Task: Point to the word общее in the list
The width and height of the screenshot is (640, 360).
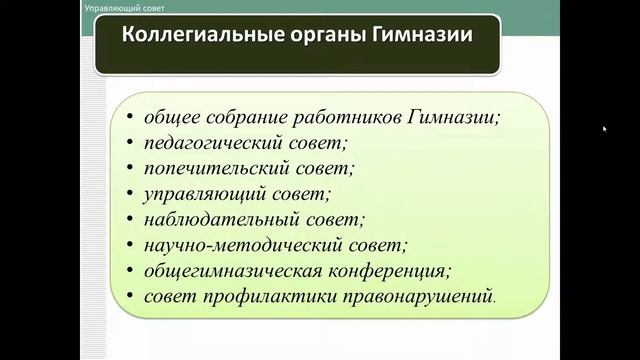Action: [x=172, y=117]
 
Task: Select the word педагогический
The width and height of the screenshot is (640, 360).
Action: [x=213, y=143]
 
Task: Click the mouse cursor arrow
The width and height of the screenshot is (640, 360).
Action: [x=605, y=129]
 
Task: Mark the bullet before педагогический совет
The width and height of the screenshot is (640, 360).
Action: [x=132, y=143]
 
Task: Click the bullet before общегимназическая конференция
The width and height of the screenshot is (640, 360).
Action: [x=132, y=271]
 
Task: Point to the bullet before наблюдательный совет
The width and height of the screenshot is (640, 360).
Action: [x=132, y=219]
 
